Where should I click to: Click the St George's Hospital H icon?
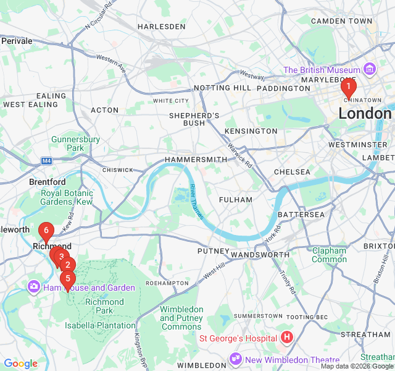[286, 338]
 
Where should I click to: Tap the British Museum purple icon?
[370, 69]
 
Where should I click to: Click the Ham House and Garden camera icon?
[33, 287]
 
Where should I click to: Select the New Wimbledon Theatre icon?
[236, 359]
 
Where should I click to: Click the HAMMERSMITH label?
[196, 160]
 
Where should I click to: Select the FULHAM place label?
[235, 200]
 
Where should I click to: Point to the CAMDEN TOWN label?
[341, 21]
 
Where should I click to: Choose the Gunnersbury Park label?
[75, 143]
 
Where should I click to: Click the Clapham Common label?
[329, 255]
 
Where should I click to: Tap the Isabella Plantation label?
[100, 325]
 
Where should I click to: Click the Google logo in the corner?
[20, 364]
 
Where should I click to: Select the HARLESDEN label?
[161, 27]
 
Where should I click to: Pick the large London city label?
[365, 113]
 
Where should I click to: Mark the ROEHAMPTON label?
[167, 283]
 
